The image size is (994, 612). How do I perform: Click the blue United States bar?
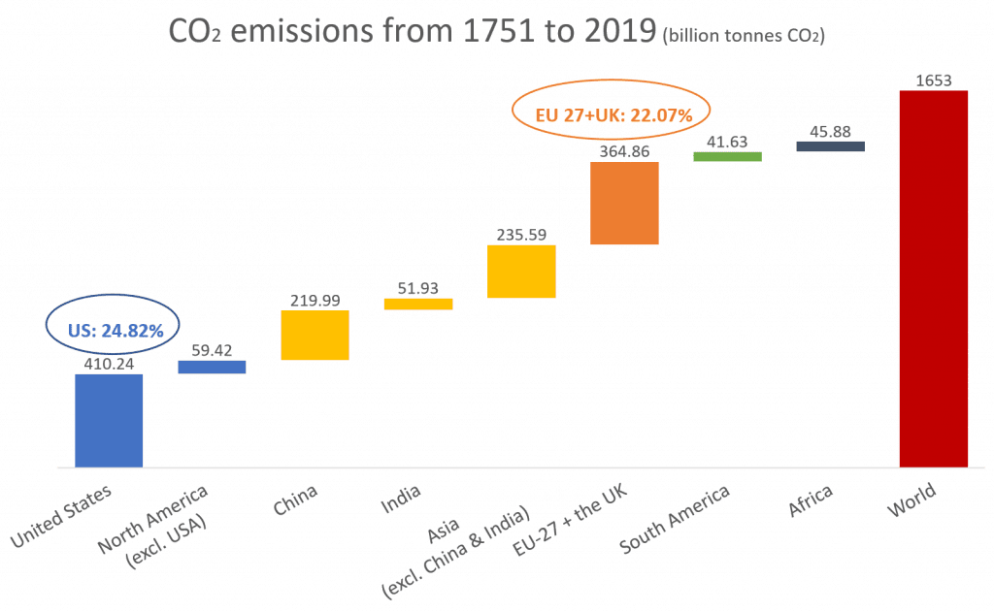[109, 420]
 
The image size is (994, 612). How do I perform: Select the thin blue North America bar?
[212, 368]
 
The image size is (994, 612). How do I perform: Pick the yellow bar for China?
[315, 336]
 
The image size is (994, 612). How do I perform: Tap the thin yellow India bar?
[417, 304]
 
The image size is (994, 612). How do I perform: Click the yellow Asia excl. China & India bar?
[521, 271]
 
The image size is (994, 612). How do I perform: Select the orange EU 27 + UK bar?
[624, 203]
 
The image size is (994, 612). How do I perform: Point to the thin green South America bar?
[727, 155]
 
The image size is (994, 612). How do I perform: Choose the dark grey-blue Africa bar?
[830, 146]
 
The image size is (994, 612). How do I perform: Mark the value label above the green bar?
[727, 143]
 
